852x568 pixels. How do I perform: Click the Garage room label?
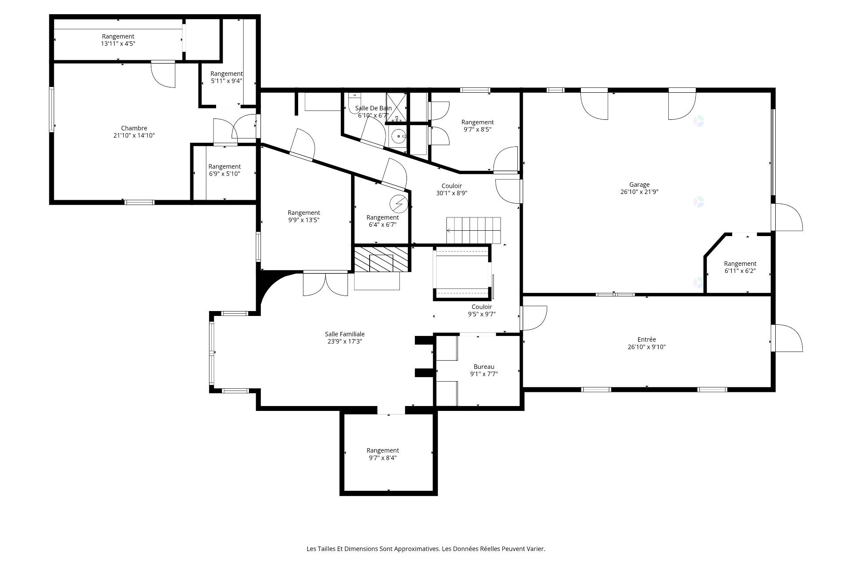coord(639,185)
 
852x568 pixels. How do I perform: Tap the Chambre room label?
coord(134,128)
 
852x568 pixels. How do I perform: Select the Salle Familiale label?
coord(345,334)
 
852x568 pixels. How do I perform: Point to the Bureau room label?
coord(484,367)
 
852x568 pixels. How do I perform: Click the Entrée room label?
coord(647,339)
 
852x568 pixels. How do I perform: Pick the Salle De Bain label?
coord(373,108)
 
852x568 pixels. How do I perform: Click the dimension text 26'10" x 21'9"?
coord(639,192)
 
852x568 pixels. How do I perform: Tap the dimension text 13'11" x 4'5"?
coord(118,43)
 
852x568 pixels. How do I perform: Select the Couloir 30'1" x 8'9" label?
coord(452,189)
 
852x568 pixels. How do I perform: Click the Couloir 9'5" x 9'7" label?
coord(481,310)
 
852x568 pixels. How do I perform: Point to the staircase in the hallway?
coord(473,230)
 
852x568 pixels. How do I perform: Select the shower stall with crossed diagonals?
coord(396,106)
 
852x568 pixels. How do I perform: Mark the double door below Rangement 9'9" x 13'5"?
coord(325,284)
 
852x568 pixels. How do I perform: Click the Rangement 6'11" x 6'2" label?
coord(740,267)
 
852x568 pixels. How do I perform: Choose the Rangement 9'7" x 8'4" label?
coord(383,454)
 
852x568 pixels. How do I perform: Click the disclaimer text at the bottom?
coord(426,549)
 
